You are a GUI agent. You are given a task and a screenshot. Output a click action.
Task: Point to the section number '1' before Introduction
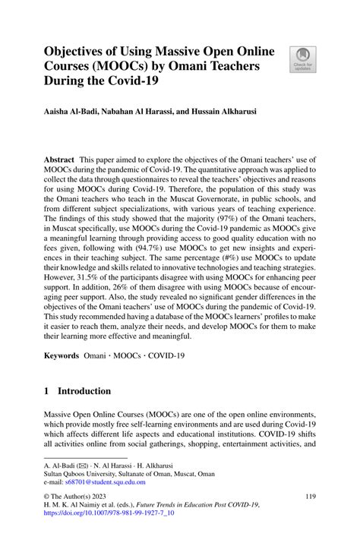click(x=47, y=391)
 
